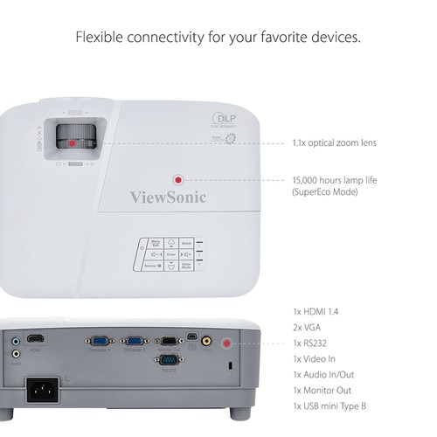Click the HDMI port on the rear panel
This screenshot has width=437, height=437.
click(36, 338)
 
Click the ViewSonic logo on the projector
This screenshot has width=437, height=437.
click(169, 198)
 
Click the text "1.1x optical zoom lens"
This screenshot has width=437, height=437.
click(335, 142)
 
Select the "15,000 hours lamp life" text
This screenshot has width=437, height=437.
click(335, 179)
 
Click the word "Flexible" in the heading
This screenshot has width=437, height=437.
click(100, 38)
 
